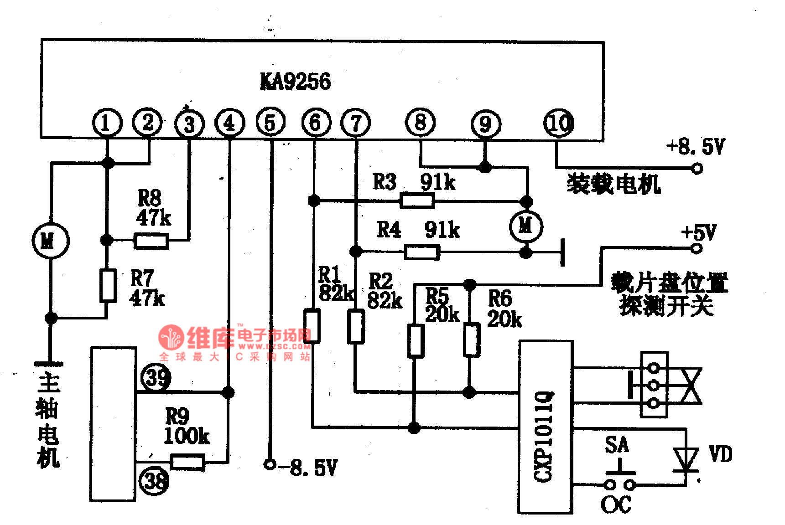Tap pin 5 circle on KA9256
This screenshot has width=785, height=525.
point(270,123)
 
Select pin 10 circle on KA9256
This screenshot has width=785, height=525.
point(559,123)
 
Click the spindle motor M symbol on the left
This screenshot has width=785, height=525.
point(50,241)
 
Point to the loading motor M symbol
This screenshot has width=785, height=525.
point(526,226)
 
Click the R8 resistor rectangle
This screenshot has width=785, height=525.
point(151,241)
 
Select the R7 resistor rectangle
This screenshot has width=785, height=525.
point(108,285)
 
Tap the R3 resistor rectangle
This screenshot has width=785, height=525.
point(417,201)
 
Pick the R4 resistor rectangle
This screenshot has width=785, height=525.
point(422,252)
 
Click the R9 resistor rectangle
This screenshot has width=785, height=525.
point(187,462)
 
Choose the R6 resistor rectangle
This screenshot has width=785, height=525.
point(472,340)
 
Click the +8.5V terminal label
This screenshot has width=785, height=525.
point(695,147)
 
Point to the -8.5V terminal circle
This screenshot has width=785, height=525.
point(270,464)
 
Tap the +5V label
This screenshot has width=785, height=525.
point(699,233)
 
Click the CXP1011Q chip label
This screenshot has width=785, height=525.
point(544,436)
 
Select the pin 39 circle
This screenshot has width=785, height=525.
point(156,377)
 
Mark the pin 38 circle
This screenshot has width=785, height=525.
point(154,481)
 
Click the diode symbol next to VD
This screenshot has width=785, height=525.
point(686,460)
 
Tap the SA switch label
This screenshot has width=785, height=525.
point(617,445)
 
